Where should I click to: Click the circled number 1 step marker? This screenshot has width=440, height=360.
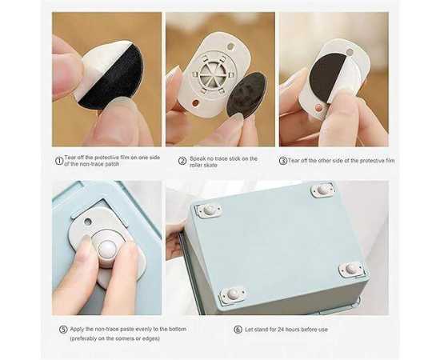pyautogui.click(x=59, y=161)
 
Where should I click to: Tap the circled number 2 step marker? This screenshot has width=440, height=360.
pyautogui.click(x=182, y=161)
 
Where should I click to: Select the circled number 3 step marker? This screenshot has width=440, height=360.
pyautogui.click(x=283, y=161)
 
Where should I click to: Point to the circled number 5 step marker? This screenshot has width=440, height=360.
pyautogui.click(x=63, y=330)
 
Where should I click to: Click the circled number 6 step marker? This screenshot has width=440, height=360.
pyautogui.click(x=238, y=330)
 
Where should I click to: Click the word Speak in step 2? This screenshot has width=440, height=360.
pyautogui.click(x=198, y=159)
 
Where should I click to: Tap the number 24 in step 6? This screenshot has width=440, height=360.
pyautogui.click(x=281, y=330)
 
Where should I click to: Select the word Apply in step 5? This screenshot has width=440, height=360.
pyautogui.click(x=77, y=329)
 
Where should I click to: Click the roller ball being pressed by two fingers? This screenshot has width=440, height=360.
pyautogui.click(x=107, y=248)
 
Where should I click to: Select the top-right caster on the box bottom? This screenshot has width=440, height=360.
pyautogui.click(x=322, y=190)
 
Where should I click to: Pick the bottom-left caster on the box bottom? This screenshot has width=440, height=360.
pyautogui.click(x=232, y=294)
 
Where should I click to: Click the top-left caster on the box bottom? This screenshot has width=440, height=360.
pyautogui.click(x=209, y=210)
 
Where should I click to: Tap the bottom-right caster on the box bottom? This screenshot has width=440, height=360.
pyautogui.click(x=352, y=269)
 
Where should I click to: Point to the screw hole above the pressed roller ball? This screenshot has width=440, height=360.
pyautogui.click(x=87, y=222)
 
